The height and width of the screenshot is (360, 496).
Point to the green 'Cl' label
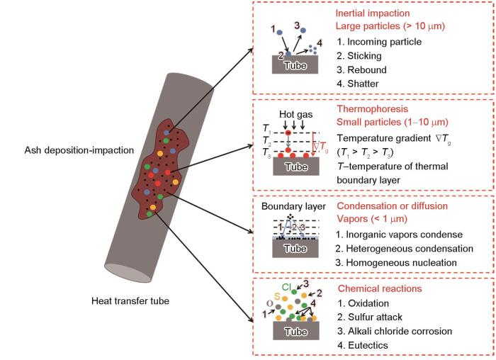pyautogui.click(x=287, y=287)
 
